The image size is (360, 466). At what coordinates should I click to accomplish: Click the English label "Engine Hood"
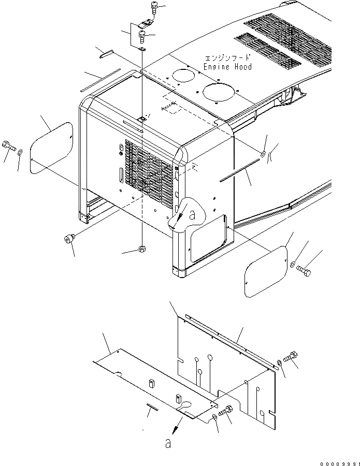pyautogui.click(x=227, y=67)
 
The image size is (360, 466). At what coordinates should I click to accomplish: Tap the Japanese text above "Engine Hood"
pyautogui.click(x=227, y=58)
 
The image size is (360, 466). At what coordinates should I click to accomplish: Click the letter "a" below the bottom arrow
pyautogui.click(x=168, y=443)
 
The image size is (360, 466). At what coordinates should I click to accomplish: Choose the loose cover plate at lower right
pyautogui.click(x=266, y=271)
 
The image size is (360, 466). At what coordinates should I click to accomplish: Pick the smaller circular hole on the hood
pyautogui.click(x=181, y=75)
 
